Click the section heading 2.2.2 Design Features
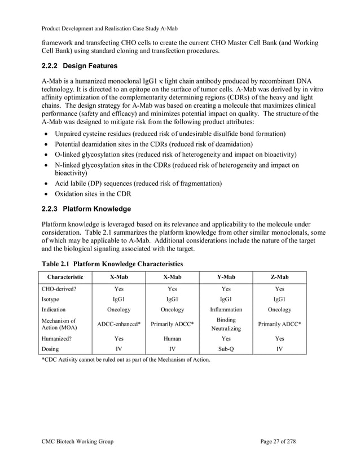click(80, 66)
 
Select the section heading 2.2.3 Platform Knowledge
click(86, 209)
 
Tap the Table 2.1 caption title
click(112, 263)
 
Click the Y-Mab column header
click(226, 277)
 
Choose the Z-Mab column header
click(279, 277)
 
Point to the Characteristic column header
click(64, 277)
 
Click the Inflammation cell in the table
click(226, 310)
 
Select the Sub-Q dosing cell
click(226, 349)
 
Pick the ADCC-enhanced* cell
click(118, 324)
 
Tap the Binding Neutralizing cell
click(226, 324)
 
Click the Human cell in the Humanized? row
click(172, 339)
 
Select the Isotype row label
click(54, 299)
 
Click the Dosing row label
click(52, 349)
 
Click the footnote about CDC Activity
click(125, 359)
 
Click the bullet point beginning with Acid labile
click(138, 184)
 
